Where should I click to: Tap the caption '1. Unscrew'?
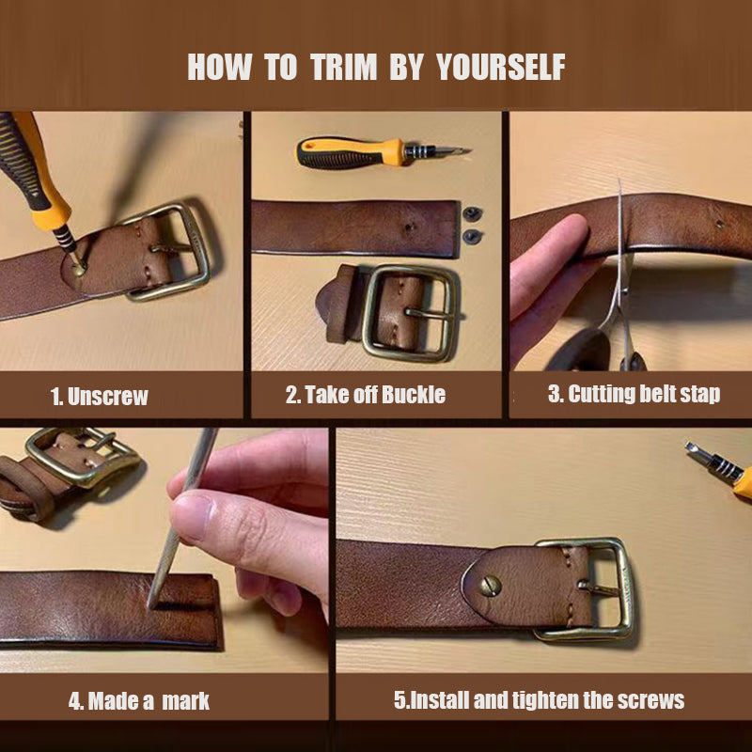coord(99,396)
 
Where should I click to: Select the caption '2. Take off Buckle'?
coord(366,395)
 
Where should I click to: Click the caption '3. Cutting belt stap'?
coord(634,394)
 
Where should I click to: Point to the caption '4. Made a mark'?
coord(138,701)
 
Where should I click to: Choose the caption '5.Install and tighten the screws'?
coord(539,700)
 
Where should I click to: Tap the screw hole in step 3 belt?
coord(719,225)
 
